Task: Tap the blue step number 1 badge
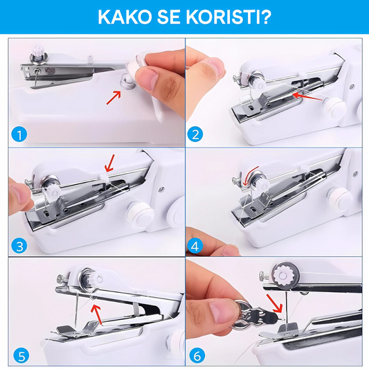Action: (19, 134)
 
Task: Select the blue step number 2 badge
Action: (195, 134)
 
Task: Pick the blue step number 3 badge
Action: (19, 246)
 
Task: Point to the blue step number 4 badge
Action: (195, 246)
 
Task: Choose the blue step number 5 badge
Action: (21, 356)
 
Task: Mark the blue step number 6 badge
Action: (197, 356)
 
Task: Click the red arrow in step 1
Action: (114, 98)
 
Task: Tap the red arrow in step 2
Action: (307, 96)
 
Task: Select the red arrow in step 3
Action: (109, 163)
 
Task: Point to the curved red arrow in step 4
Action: (250, 175)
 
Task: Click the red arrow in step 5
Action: (97, 314)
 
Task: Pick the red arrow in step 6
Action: (274, 304)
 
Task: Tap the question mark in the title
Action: (265, 17)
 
